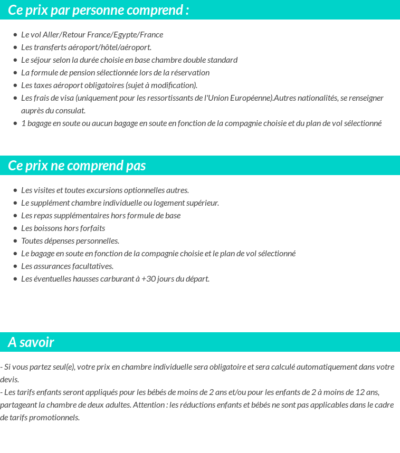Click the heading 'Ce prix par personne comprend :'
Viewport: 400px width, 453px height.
(x=99, y=10)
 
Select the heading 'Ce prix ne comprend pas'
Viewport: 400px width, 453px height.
(x=77, y=166)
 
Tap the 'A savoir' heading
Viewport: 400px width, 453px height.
(x=31, y=342)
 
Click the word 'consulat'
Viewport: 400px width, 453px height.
(x=70, y=111)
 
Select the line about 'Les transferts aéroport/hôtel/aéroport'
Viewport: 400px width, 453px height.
(x=86, y=47)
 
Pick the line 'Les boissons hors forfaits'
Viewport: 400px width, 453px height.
(x=63, y=228)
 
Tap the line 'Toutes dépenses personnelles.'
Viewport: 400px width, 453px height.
(x=70, y=241)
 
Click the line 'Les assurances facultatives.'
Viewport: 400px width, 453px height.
(x=67, y=266)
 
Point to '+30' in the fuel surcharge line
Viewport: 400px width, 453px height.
(x=147, y=279)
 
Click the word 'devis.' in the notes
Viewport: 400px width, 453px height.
(x=9, y=380)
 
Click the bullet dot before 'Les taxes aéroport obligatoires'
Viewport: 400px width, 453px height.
(x=15, y=85)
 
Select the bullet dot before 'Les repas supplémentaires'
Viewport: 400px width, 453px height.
(x=15, y=216)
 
